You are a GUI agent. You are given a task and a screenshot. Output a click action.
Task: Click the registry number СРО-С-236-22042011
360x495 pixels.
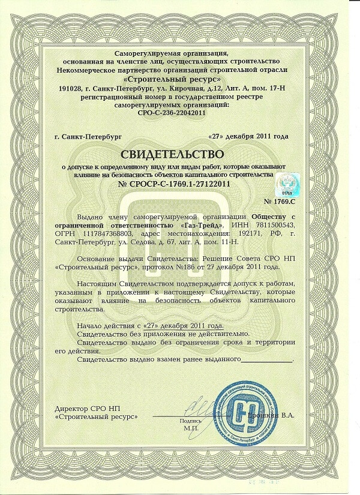180,112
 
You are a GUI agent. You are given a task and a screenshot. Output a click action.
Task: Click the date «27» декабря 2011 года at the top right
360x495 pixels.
256,136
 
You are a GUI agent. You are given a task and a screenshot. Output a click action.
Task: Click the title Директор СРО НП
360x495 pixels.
83,407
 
